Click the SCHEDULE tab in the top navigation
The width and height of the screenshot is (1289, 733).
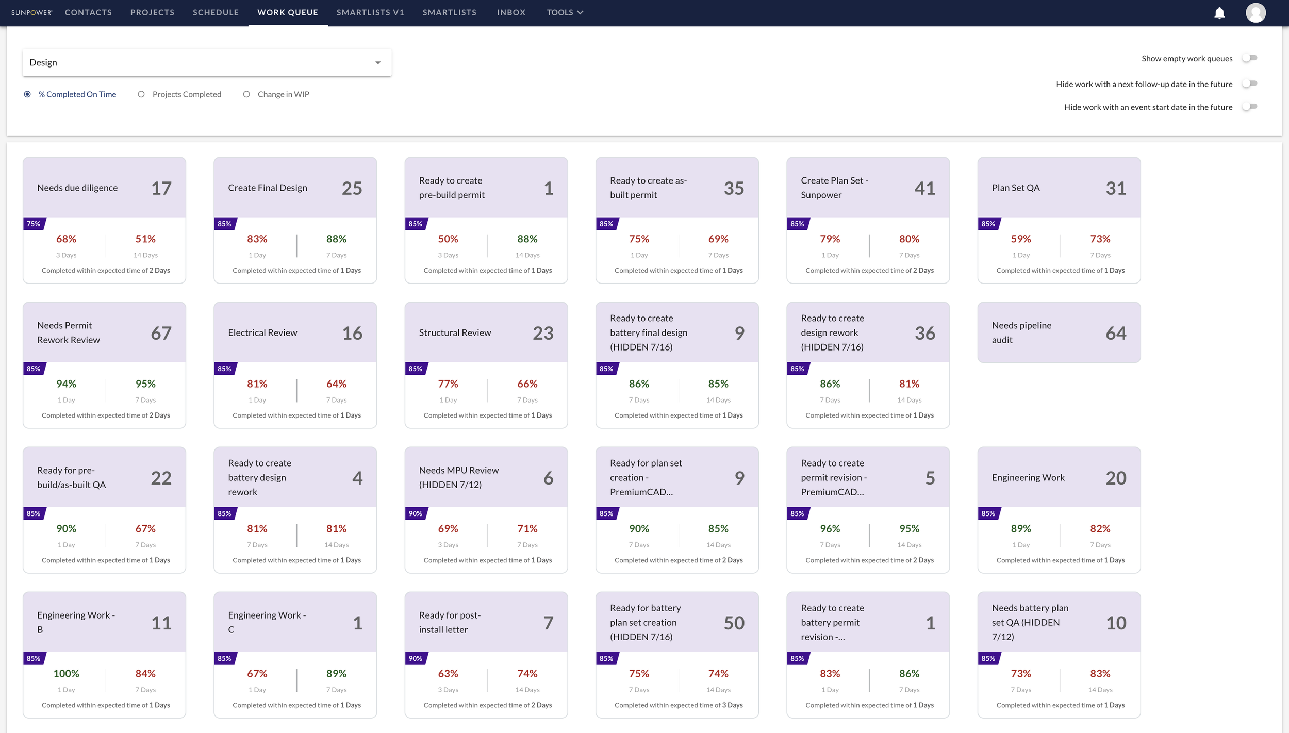point(216,12)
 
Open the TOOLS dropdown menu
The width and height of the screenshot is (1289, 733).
point(565,12)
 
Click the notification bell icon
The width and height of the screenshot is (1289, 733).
point(1219,13)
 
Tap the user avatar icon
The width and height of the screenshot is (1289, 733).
point(1255,13)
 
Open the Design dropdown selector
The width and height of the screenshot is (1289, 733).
point(207,62)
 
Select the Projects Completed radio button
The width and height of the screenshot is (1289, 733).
point(141,94)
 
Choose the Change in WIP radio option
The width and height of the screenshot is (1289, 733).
point(246,94)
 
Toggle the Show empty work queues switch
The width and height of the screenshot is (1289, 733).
point(1250,58)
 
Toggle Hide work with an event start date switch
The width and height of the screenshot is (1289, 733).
point(1250,107)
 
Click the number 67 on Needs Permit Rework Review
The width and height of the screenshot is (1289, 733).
point(161,333)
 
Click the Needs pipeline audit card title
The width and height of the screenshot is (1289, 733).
point(1021,332)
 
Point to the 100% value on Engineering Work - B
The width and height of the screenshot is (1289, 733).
point(66,673)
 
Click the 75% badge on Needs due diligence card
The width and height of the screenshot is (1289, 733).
point(34,224)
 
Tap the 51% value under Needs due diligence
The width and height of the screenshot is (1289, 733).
point(145,239)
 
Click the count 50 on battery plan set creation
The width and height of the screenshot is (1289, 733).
point(734,623)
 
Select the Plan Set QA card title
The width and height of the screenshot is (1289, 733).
point(1015,188)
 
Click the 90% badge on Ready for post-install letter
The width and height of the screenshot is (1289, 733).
point(416,658)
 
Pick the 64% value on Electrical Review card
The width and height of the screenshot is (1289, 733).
point(336,384)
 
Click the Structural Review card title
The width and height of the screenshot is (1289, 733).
point(455,332)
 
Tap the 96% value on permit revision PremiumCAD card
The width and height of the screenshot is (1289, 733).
point(830,528)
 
